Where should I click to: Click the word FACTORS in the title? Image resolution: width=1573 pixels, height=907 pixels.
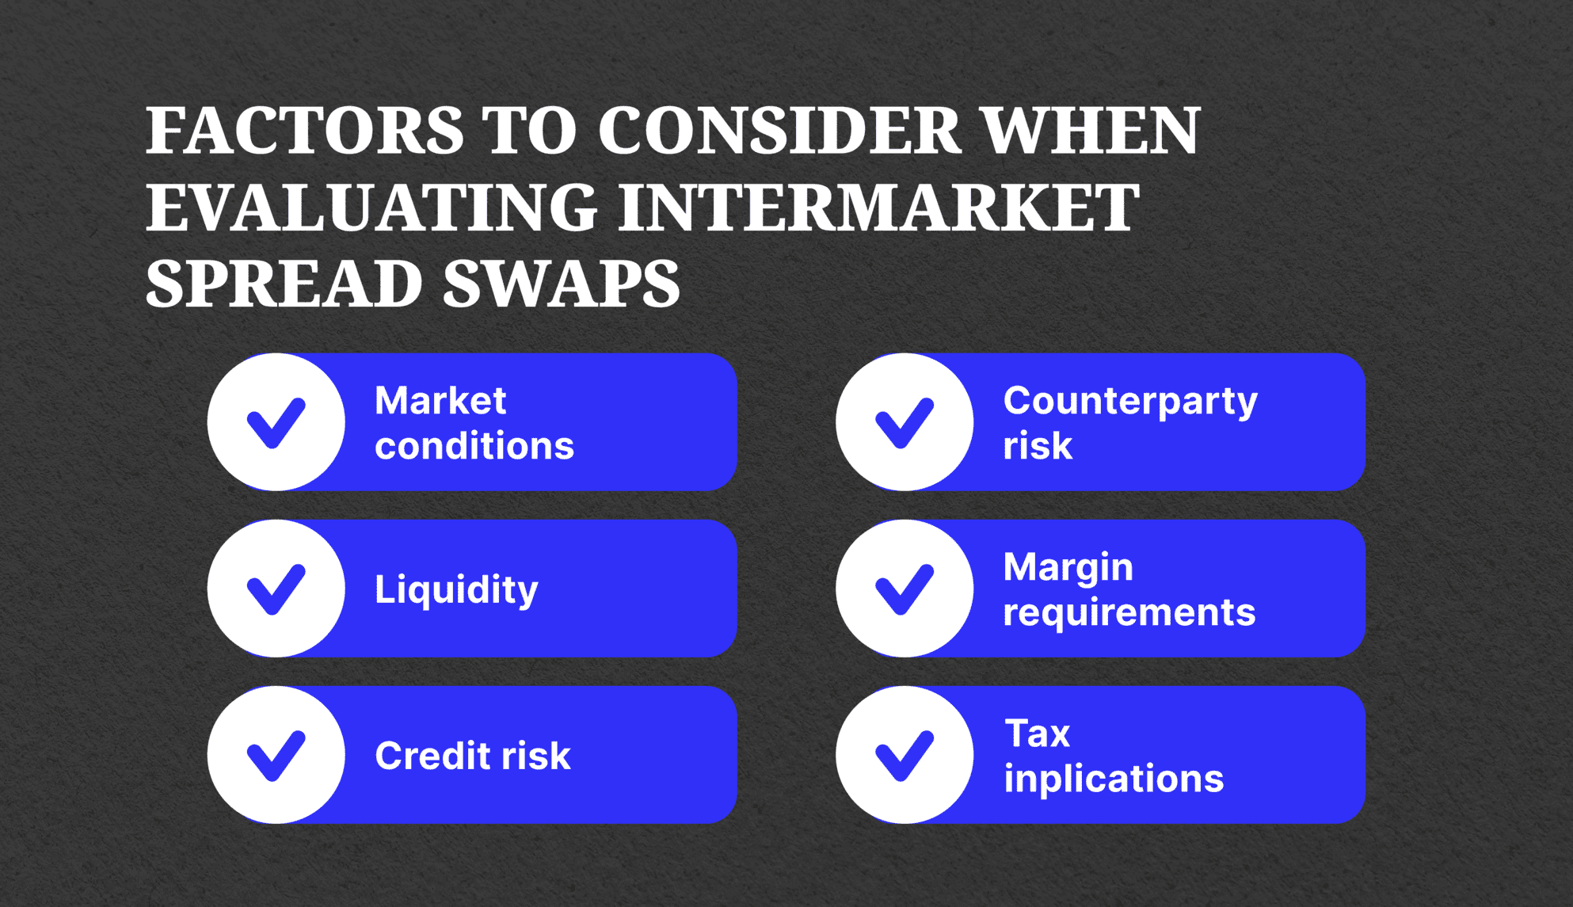pos(304,131)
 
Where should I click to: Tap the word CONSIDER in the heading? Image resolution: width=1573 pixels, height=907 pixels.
pos(779,131)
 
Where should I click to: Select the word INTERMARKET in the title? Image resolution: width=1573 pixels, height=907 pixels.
pos(879,208)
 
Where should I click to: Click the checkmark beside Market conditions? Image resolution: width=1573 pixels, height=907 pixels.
pos(276,422)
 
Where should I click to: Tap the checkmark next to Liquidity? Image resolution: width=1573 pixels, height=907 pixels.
pos(276,589)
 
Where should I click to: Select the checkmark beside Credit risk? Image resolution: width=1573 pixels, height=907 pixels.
pos(276,755)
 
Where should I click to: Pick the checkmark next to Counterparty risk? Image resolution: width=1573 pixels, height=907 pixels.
pos(904,422)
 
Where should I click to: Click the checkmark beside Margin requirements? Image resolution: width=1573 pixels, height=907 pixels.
pos(904,589)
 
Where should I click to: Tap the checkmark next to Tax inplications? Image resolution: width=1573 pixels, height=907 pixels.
pos(904,755)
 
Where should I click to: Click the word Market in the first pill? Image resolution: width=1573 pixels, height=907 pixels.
pos(440,400)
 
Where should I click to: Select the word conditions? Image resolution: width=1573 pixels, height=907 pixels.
pos(474,446)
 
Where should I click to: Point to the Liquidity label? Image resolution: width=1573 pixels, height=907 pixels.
pos(456,590)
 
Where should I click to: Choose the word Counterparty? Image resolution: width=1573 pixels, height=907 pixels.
pos(1129,402)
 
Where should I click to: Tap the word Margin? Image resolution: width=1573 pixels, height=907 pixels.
pos(1068,568)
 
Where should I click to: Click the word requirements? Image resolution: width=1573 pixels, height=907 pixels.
pos(1129,613)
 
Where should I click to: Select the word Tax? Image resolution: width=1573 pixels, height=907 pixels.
pos(1037,734)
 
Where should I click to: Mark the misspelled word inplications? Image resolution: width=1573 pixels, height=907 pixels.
pos(1113,779)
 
